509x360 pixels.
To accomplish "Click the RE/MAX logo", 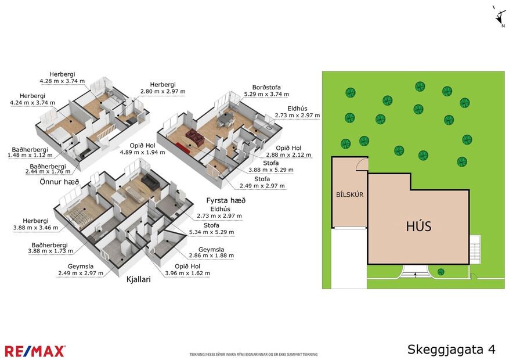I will coord(35,351).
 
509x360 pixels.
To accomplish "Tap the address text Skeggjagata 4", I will coord(451,349).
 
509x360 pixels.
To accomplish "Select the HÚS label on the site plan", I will coord(418,226).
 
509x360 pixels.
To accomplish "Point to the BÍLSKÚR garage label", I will coord(349,195).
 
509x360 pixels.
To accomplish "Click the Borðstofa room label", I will coord(266,87).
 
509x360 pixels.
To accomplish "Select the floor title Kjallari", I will coord(139,279).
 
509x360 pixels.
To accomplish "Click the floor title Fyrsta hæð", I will coord(226,200).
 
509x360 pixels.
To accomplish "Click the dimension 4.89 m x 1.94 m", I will coord(142,152).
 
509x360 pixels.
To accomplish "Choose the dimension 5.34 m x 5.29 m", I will coord(211,232).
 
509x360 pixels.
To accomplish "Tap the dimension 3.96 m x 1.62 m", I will coord(187,273).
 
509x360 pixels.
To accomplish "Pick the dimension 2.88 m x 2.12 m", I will coord(288,155).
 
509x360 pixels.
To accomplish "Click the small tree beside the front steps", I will coord(441,272).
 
